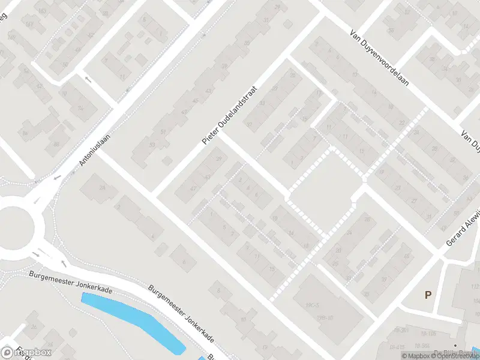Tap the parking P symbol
(428, 295)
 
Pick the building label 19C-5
(311, 305)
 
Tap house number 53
(152, 145)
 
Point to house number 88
(56, 144)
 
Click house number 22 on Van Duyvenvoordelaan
(401, 122)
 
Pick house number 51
(163, 132)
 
